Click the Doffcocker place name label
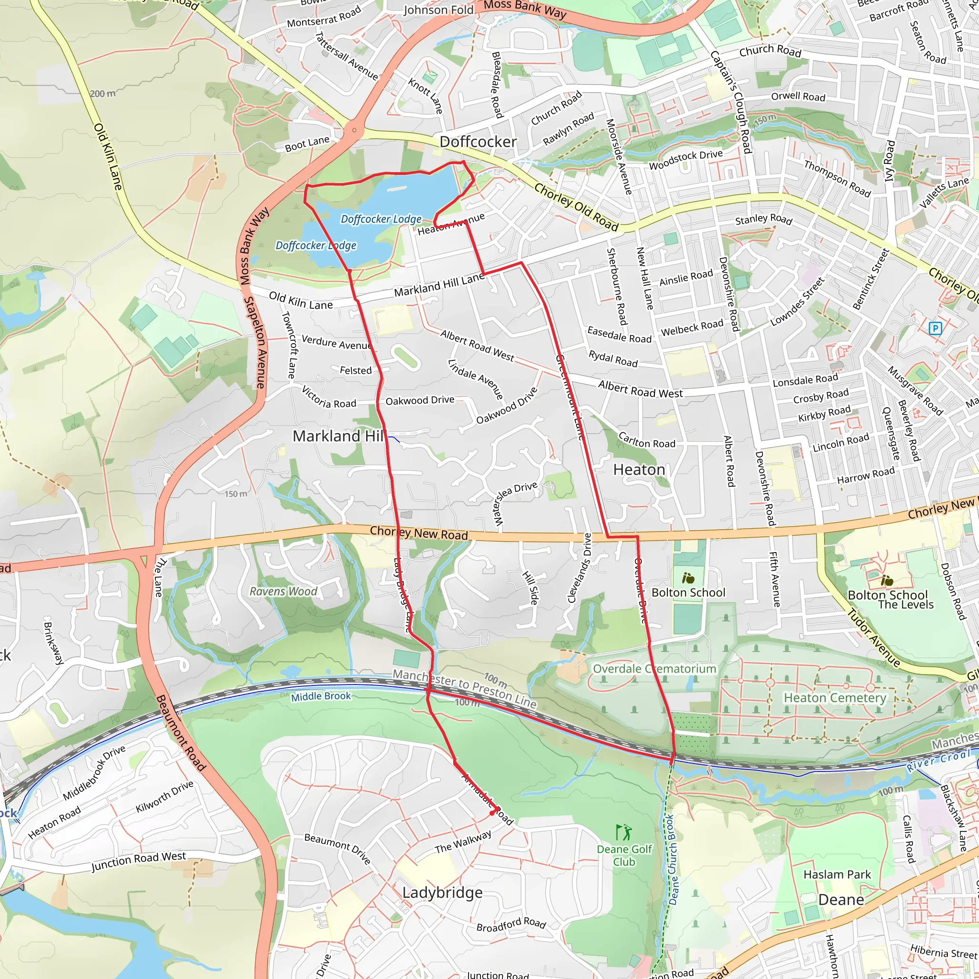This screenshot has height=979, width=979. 478,142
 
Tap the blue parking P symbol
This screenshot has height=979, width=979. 935,329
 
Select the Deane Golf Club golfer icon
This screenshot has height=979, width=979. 623,832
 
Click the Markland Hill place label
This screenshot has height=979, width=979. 338,436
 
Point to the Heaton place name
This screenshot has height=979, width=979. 639,470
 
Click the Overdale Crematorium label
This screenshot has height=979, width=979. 654,669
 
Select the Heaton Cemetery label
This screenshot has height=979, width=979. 835,698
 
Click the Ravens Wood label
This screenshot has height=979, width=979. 283,591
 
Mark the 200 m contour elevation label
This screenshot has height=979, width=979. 103,94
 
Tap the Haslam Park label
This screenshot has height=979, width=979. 837,875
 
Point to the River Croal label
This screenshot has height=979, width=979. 938,761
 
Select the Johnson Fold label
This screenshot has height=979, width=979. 438,10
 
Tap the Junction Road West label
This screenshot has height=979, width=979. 138,861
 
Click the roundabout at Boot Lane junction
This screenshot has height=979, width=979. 354,130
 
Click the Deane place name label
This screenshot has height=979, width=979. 841,900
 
